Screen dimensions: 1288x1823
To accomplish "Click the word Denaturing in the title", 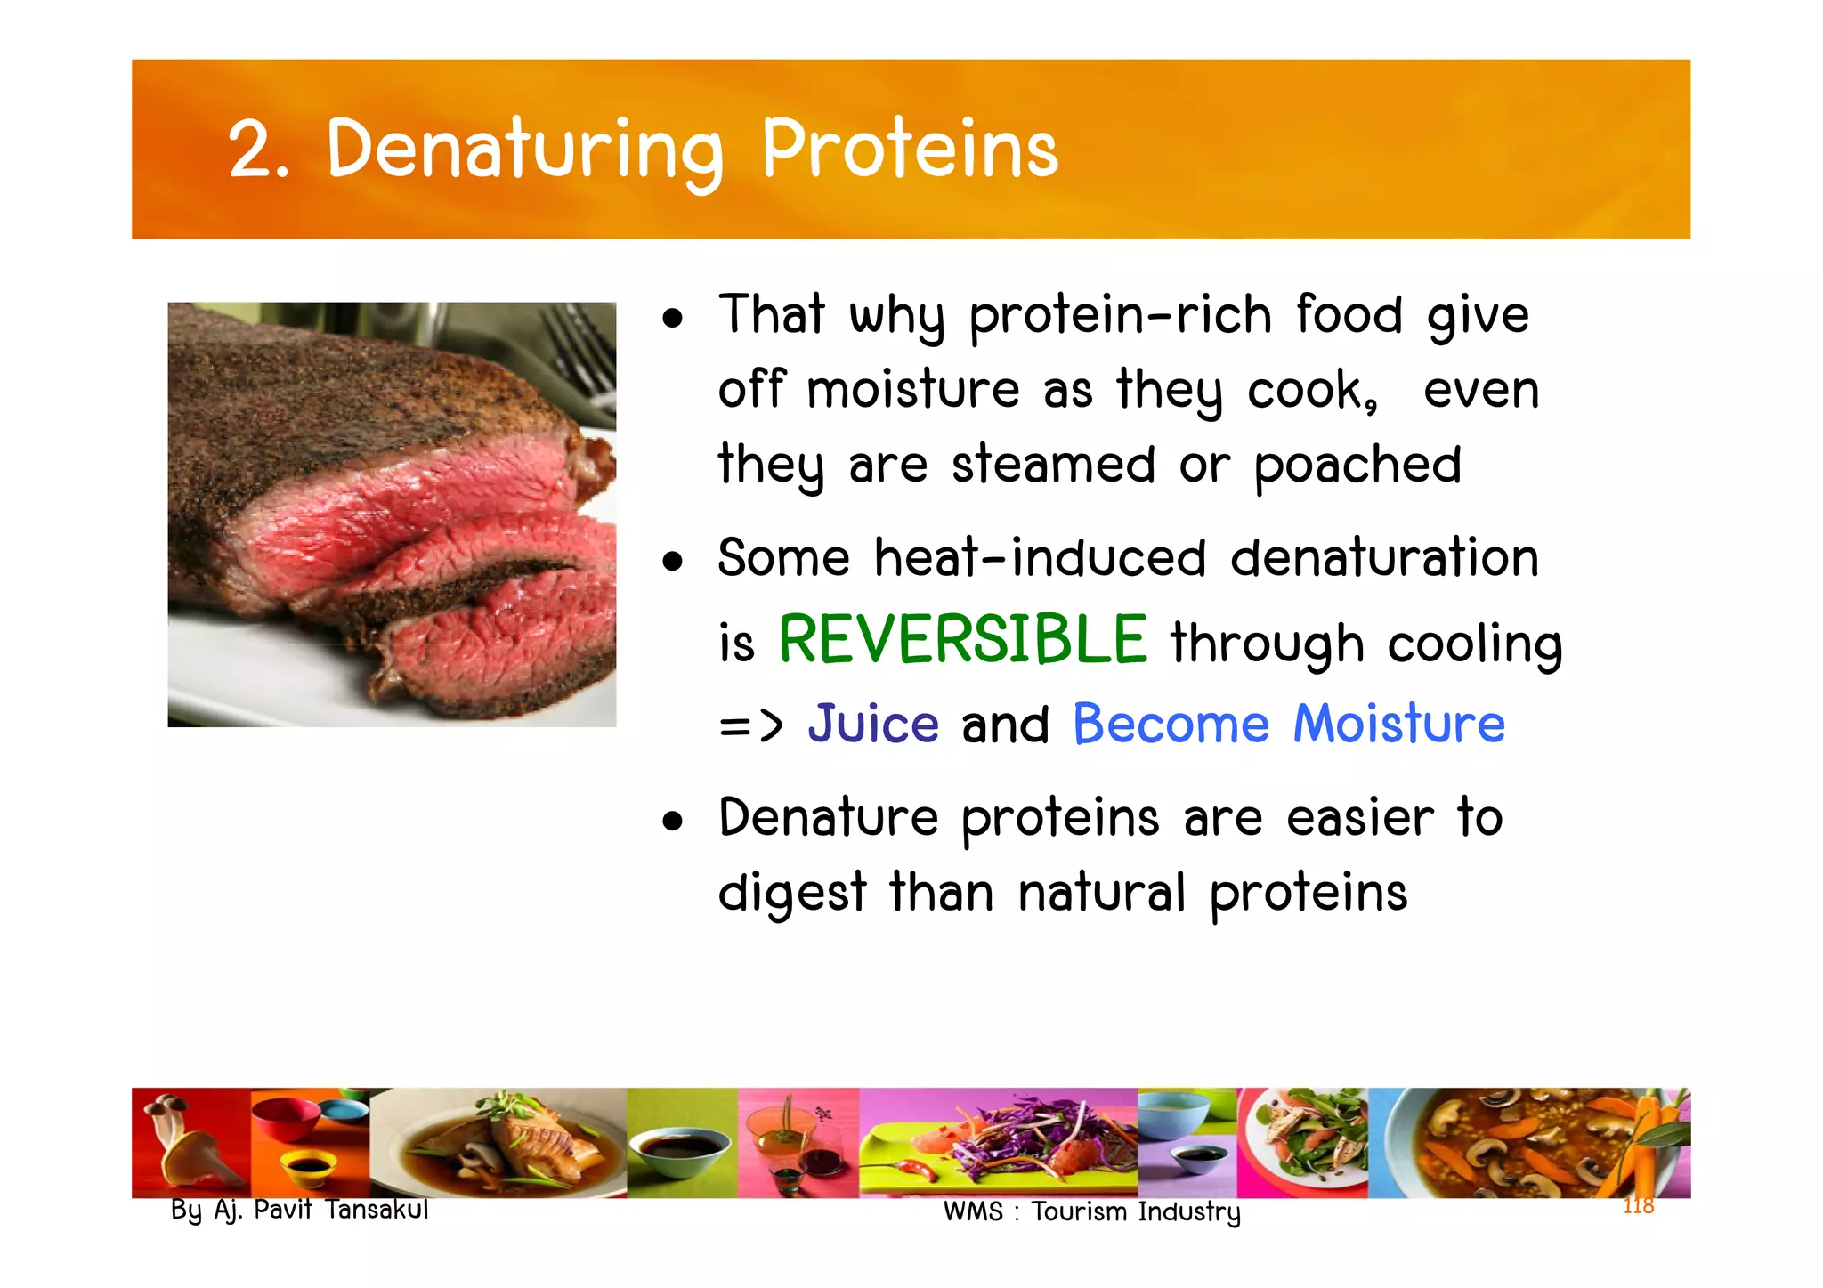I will click(525, 150).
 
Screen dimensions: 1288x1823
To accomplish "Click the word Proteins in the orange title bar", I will click(910, 150).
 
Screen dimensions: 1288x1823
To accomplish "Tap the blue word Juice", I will click(873, 723).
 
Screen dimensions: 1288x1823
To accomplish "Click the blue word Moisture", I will click(1398, 723).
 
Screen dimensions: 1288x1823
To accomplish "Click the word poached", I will click(1357, 465).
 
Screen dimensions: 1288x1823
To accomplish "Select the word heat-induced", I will click(1040, 558).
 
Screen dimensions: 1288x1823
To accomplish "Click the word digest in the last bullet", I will click(792, 893).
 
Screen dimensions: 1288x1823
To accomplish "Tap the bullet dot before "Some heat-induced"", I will click(673, 562).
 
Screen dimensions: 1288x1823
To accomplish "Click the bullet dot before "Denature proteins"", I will click(673, 822).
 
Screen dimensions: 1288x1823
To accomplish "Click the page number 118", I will click(1638, 1206).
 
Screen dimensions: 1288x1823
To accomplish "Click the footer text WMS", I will click(973, 1212).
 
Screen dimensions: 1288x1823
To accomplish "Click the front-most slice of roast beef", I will click(498, 650).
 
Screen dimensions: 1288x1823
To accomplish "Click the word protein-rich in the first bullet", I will click(1120, 315).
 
